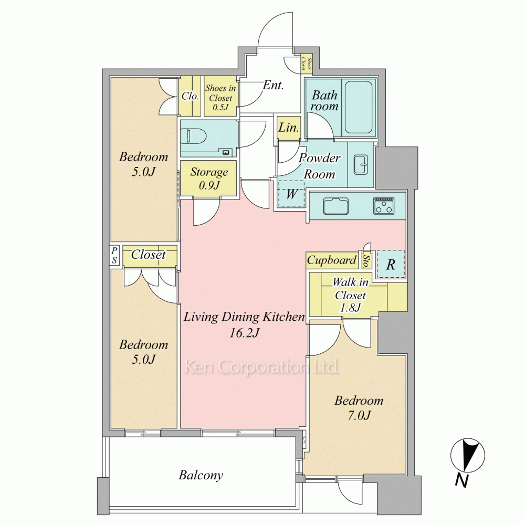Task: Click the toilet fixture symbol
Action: coord(194,137)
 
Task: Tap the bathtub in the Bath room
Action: coord(358,107)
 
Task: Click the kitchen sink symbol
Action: coord(335,206)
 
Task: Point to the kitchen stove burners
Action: coord(384,205)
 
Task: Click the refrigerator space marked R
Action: coord(390,264)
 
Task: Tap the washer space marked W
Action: coord(291,194)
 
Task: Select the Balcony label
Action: coord(201,475)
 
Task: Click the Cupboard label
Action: coord(331,260)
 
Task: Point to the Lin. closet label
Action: coord(288,128)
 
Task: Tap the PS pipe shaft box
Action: coord(114,256)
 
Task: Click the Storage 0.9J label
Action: coord(209,178)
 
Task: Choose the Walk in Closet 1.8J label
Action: coord(350,295)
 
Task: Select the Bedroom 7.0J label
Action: coord(359,408)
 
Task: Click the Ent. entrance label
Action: coord(273,85)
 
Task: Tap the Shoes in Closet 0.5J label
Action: coord(220,98)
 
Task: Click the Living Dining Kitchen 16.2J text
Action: coord(244,324)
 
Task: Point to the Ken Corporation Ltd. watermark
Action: coord(262,367)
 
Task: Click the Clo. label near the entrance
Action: coord(190,96)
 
